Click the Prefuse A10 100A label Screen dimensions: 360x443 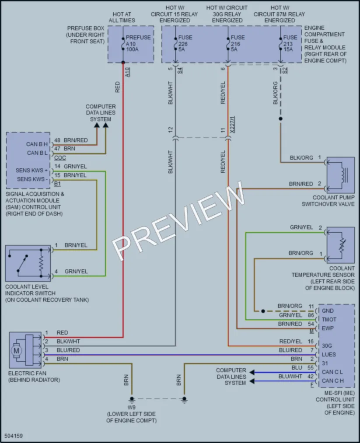(138, 43)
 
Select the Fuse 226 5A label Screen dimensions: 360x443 (185, 43)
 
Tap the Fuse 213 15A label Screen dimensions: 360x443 (290, 43)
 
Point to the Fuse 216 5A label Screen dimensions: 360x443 (238, 43)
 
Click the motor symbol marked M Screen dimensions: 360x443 (16, 351)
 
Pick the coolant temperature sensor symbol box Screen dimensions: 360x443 (340, 245)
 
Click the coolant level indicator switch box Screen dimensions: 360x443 (28, 263)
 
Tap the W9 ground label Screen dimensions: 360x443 (131, 408)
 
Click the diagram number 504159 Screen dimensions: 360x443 (14, 436)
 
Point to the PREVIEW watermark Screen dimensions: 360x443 (178, 221)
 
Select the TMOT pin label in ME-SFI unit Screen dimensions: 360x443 (329, 320)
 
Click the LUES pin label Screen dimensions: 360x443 (329, 355)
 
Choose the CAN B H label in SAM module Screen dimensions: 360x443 (37, 144)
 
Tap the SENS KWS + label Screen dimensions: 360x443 (31, 171)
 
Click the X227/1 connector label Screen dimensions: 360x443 (232, 124)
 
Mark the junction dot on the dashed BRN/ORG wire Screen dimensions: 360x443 (263, 311)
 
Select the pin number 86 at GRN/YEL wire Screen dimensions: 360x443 (311, 315)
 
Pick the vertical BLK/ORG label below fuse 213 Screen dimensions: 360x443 (276, 93)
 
